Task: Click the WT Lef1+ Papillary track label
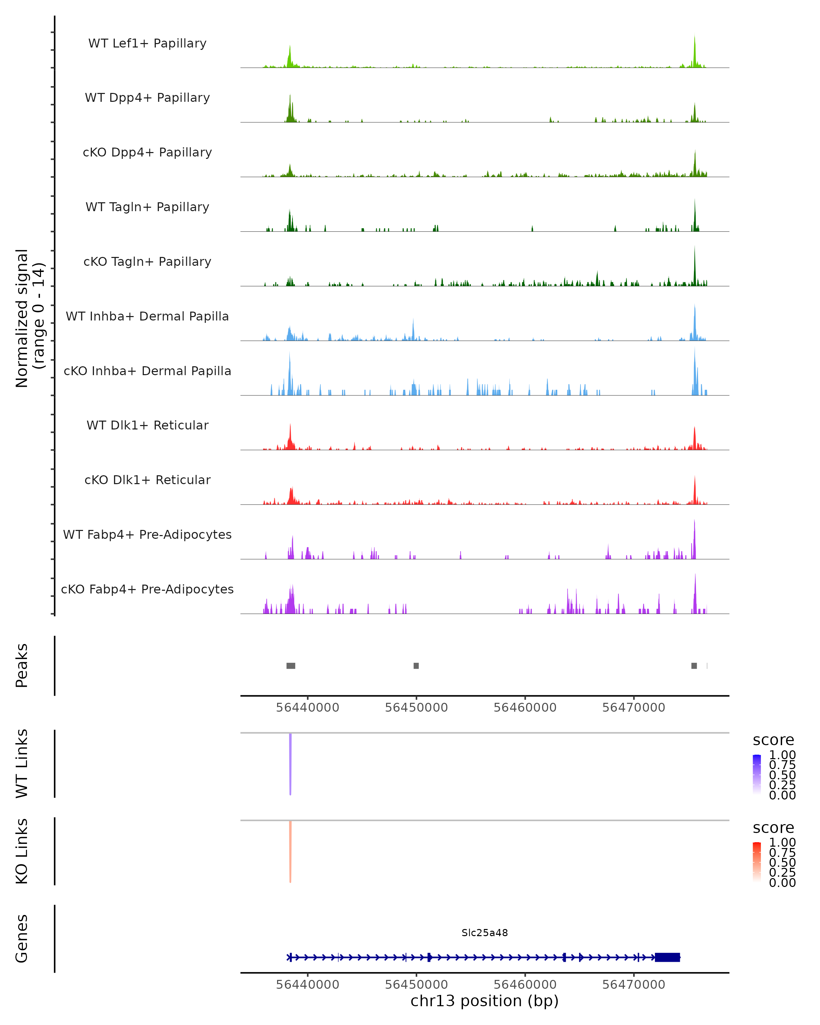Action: click(147, 43)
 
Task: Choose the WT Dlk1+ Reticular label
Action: click(147, 425)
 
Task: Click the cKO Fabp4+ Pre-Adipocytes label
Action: click(147, 589)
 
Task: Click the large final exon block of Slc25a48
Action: click(667, 957)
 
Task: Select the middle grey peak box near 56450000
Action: click(416, 666)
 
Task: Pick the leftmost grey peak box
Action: click(290, 666)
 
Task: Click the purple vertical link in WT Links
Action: click(290, 764)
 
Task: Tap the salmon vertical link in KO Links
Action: click(290, 851)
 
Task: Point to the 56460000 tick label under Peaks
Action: click(525, 708)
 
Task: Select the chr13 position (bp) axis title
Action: click(484, 1001)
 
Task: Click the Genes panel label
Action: click(22, 939)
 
